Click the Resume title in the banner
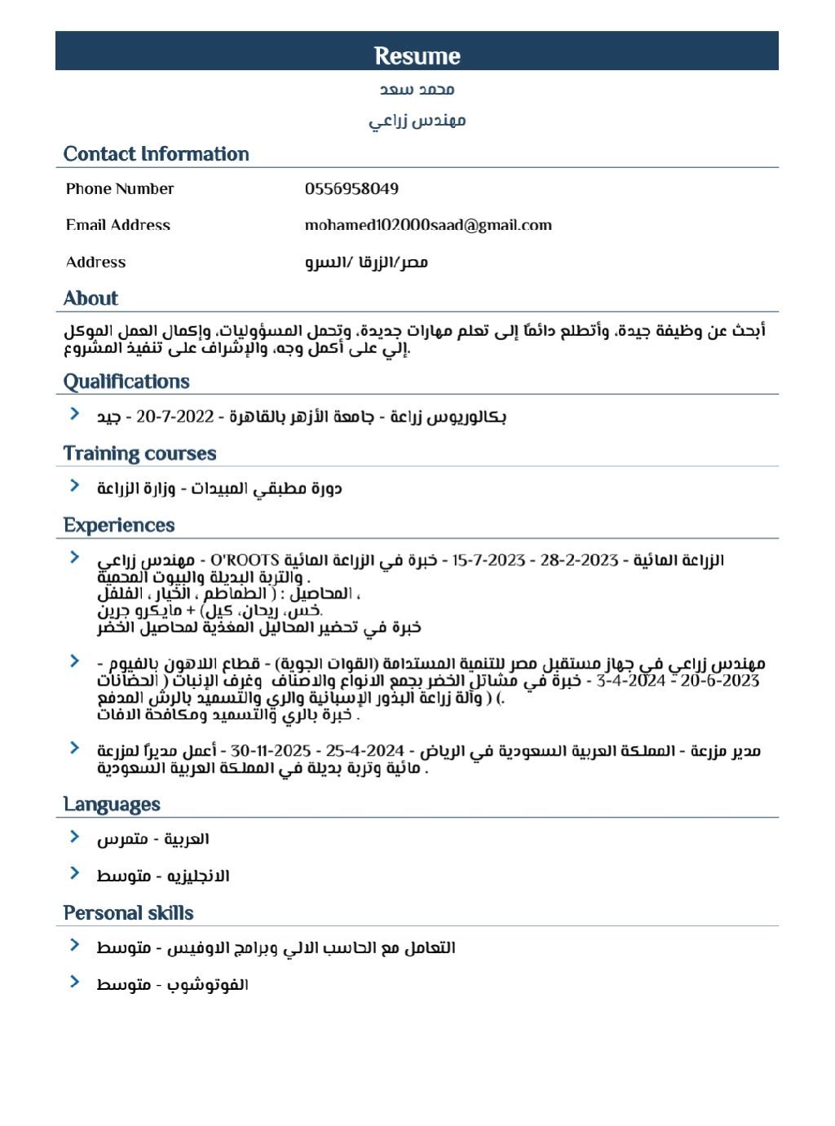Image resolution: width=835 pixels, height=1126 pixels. point(417,55)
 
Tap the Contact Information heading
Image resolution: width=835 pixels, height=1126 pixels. point(156,154)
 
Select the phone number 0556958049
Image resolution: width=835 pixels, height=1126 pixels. point(351,189)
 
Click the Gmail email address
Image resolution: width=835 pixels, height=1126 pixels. point(428,225)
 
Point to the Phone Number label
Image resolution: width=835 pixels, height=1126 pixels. point(120,189)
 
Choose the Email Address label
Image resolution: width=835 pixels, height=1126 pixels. point(118,225)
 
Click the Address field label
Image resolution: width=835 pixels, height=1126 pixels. point(96,262)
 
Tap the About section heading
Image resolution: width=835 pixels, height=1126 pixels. point(91,298)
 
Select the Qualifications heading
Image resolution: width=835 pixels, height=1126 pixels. point(126,382)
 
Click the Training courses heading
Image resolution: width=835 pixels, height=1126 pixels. point(139,453)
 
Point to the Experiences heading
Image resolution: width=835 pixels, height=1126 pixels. point(119,525)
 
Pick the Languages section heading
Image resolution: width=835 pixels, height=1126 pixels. point(112,804)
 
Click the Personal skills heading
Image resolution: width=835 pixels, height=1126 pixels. point(128,913)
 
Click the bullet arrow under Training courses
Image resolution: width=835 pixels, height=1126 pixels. point(74,486)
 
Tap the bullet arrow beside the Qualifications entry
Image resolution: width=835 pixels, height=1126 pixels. point(74,414)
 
